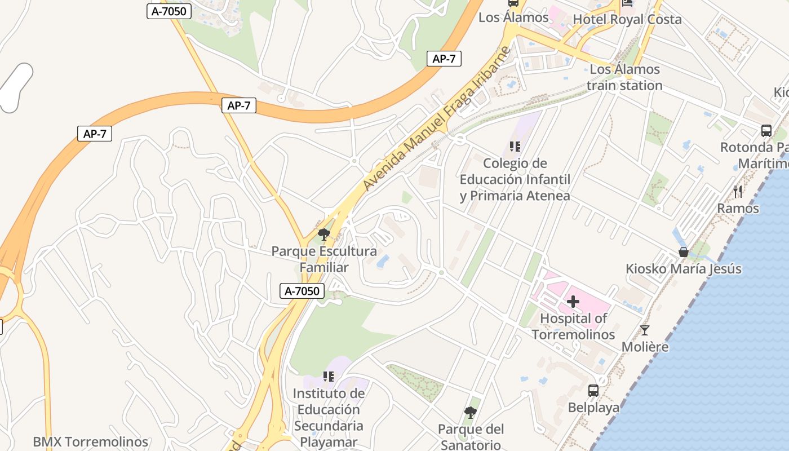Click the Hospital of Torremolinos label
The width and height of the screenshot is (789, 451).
[x=573, y=326]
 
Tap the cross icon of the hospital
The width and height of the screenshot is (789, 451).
[x=573, y=302]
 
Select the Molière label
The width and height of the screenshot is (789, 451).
[x=645, y=347]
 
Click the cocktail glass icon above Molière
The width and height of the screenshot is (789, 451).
[x=645, y=330]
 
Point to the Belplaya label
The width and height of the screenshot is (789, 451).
[x=593, y=408]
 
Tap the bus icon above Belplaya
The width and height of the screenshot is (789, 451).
[x=593, y=390]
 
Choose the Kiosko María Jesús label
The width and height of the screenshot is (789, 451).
[x=684, y=269]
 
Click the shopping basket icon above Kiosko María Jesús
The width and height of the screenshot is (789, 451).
[x=684, y=252]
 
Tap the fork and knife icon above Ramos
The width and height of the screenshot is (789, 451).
[x=738, y=192]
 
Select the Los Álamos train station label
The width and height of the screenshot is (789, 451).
[x=624, y=78]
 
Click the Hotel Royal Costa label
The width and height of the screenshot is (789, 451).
[x=627, y=20]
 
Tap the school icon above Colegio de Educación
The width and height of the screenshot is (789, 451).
[x=515, y=147]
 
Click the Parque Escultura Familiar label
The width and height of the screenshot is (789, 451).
[x=324, y=259]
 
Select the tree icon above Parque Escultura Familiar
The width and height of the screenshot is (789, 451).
[x=324, y=234]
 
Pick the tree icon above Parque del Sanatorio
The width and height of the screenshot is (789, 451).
[x=470, y=413]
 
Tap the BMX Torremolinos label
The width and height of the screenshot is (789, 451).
[x=90, y=442]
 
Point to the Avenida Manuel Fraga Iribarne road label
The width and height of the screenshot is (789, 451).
[x=437, y=118]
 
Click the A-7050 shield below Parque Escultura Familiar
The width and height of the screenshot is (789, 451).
[x=303, y=291]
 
